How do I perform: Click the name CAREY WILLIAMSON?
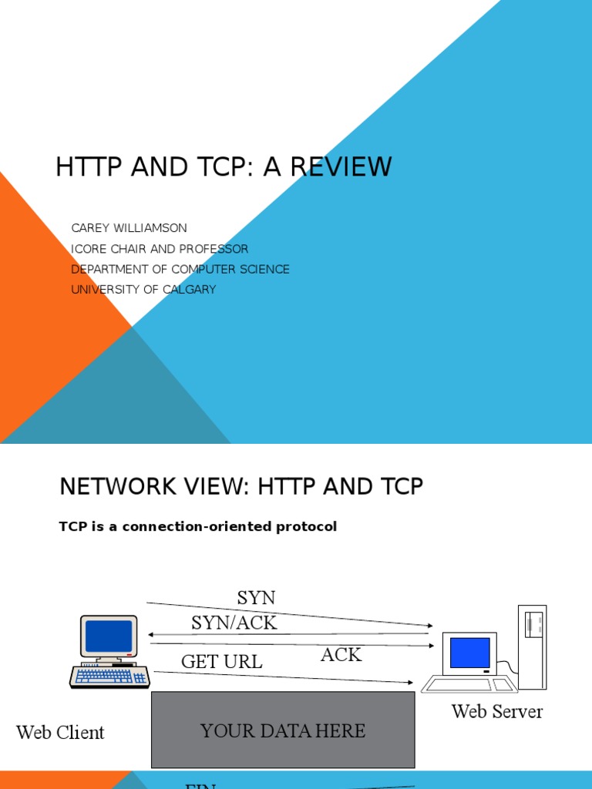[129, 228]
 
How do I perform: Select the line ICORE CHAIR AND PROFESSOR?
[160, 249]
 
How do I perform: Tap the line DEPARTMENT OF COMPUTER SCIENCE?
[180, 269]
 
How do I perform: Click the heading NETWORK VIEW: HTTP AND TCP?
[241, 487]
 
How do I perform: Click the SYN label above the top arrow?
[256, 598]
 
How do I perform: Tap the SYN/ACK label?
[234, 623]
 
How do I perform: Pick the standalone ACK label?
[341, 655]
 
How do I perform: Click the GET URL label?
[221, 661]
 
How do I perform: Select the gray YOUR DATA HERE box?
[283, 730]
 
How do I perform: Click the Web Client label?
[60, 732]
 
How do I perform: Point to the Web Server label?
[496, 711]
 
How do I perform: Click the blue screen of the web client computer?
[109, 636]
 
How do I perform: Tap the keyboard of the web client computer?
[109, 677]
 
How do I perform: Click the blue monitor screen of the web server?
[469, 652]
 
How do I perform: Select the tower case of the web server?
[532, 646]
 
